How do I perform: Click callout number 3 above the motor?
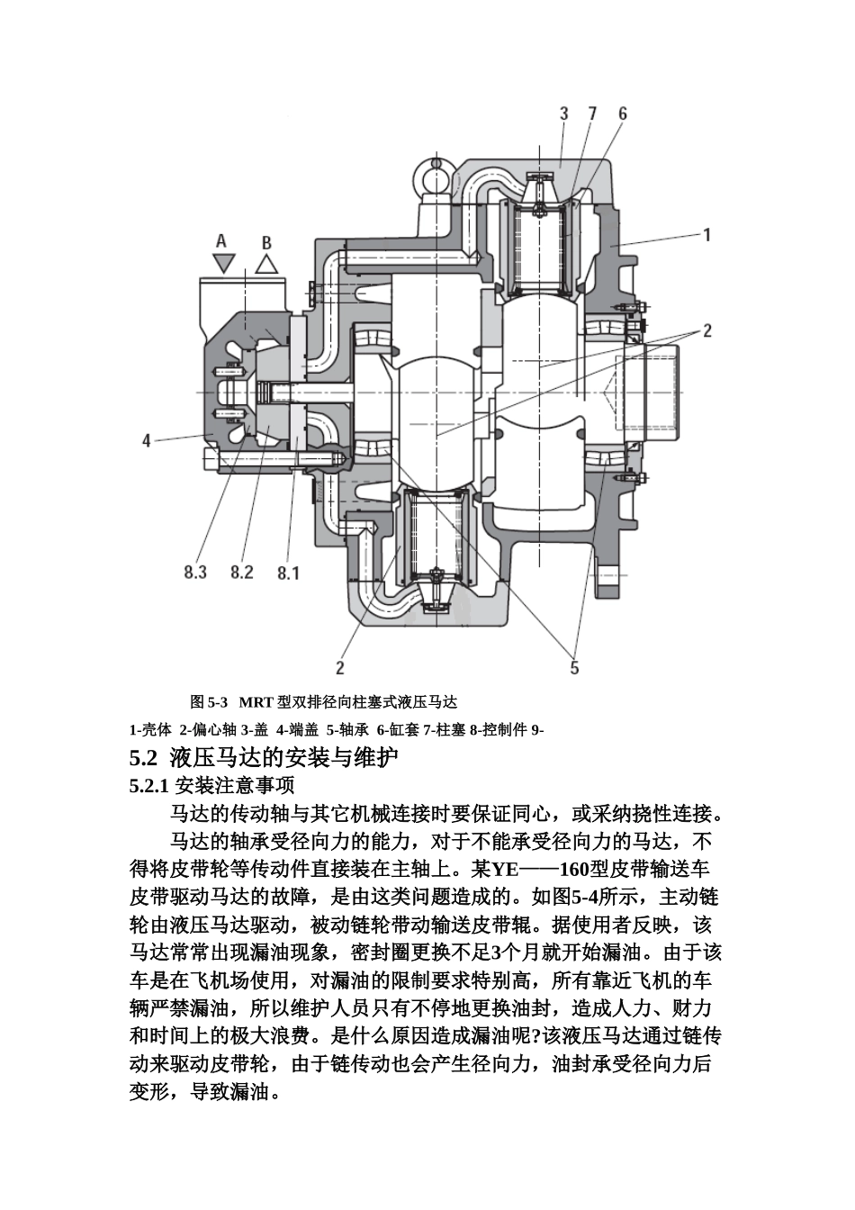[x=564, y=113]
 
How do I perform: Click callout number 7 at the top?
[x=592, y=113]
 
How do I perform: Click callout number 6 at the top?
[x=622, y=113]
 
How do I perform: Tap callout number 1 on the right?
[x=707, y=235]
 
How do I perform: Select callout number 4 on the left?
[x=146, y=440]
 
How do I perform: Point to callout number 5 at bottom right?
[x=574, y=667]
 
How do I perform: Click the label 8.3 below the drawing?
[x=195, y=572]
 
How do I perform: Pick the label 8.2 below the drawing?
[x=242, y=572]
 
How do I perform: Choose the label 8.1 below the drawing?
[x=288, y=573]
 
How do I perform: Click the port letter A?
[x=221, y=240]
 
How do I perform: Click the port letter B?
[x=266, y=242]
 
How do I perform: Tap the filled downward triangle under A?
[x=222, y=263]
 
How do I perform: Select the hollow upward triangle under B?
[x=265, y=264]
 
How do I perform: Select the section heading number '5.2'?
[x=144, y=756]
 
